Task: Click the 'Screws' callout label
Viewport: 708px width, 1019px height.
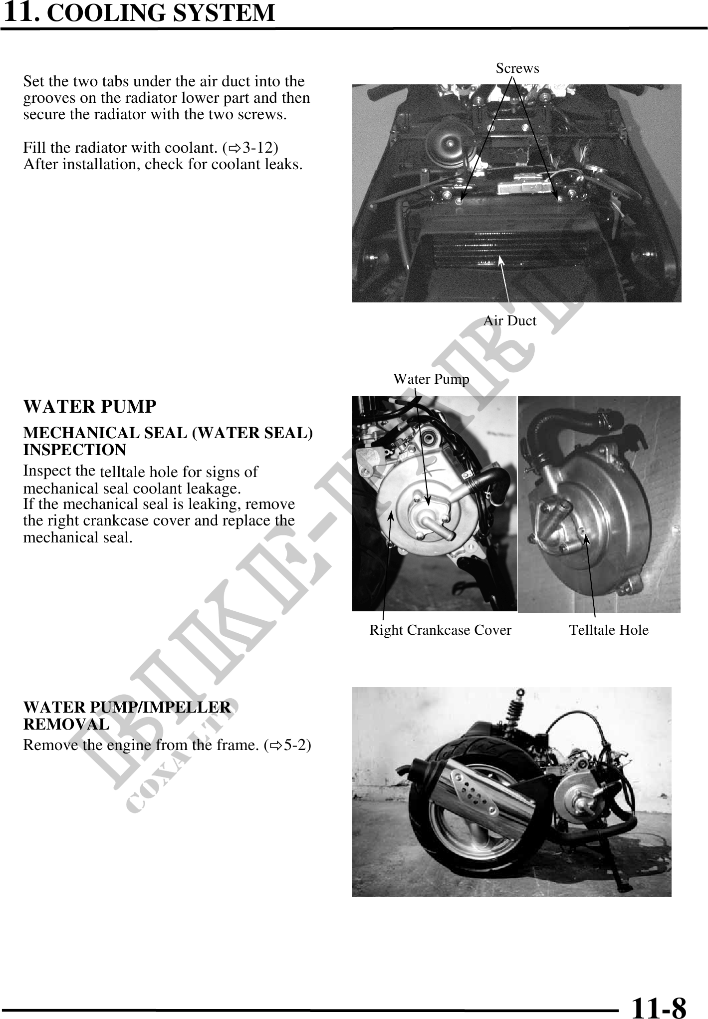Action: [x=517, y=68]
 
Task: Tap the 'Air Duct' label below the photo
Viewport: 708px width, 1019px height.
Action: [x=509, y=320]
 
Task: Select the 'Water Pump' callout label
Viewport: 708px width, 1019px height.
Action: [x=431, y=379]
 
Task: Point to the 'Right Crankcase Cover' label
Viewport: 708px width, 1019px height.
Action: [x=440, y=630]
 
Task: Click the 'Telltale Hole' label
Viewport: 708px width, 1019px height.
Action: [x=609, y=630]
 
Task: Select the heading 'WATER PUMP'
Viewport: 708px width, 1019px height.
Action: [x=90, y=407]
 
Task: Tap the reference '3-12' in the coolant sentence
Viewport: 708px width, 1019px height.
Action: [x=260, y=148]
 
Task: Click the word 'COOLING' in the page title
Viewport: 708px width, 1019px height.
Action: [x=106, y=13]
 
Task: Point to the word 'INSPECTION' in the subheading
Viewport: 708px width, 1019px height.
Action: [x=75, y=450]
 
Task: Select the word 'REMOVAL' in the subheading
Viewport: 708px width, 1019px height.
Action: [x=66, y=724]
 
